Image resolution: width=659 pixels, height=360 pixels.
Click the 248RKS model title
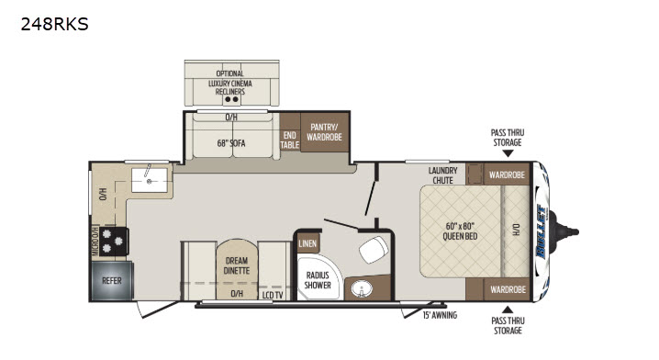tap(55, 25)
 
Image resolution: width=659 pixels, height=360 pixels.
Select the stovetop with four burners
tap(115, 241)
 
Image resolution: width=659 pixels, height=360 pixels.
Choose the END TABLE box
tap(289, 137)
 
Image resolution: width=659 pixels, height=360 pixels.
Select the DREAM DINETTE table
tap(236, 266)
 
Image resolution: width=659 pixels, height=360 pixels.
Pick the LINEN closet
tap(307, 243)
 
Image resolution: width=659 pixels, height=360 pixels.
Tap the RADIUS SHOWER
tap(318, 278)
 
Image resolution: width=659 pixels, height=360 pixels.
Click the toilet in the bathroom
tap(373, 249)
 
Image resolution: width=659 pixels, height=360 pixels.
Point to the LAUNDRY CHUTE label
tap(443, 174)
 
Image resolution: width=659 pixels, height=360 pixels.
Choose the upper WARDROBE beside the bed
tap(507, 174)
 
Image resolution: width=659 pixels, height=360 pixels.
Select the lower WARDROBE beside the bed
tap(507, 288)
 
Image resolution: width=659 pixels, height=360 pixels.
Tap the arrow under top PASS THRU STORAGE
tap(507, 153)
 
